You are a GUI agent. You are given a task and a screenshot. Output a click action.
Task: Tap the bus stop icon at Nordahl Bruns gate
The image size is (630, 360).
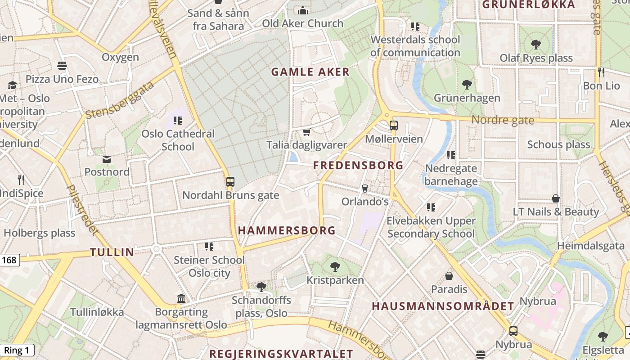[x=230, y=182]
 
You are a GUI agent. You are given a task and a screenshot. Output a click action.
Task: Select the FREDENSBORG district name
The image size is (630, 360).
[x=358, y=165]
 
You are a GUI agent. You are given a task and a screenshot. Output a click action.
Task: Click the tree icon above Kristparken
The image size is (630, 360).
[x=335, y=266]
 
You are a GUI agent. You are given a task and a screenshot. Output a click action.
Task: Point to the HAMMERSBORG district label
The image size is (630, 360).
[x=287, y=230]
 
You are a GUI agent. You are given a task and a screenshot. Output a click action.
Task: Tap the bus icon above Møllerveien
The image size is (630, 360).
[x=394, y=125]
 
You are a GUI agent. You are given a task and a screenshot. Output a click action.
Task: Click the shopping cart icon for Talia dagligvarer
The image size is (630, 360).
[x=306, y=132]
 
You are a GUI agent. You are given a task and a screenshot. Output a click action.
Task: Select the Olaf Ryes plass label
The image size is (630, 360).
[x=536, y=58]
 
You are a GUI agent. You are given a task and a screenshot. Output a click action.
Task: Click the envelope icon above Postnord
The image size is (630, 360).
[x=107, y=159]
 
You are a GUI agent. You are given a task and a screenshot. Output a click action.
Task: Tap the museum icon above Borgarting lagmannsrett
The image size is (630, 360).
[x=181, y=298]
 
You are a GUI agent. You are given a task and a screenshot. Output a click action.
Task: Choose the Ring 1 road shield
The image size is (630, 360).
[x=17, y=351]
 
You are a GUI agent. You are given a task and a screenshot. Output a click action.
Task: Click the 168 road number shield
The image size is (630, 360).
[x=9, y=260]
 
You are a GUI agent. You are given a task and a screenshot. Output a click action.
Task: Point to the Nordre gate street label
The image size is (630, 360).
[x=503, y=120]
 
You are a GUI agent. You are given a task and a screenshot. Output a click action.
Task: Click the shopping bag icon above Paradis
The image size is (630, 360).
[x=449, y=275]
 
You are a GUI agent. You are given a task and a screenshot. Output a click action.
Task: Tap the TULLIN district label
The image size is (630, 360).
[x=112, y=252]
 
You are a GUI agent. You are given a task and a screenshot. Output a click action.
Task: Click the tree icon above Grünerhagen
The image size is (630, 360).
[x=467, y=84]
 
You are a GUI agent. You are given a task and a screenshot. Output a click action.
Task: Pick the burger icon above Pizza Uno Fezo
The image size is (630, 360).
[x=62, y=66]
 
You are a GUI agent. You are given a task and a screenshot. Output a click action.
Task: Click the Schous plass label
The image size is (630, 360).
[x=558, y=144]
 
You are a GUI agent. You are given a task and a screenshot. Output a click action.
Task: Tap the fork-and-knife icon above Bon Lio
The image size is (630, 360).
[x=601, y=72]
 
